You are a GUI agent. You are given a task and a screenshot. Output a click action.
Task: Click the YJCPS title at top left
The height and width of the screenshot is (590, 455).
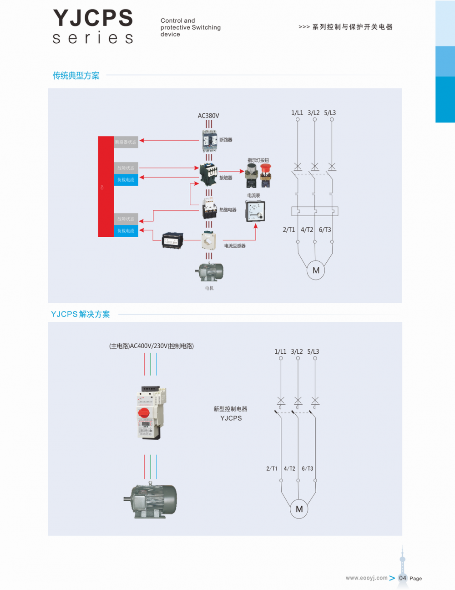93,19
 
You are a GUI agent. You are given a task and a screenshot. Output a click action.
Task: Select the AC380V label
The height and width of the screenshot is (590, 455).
208,116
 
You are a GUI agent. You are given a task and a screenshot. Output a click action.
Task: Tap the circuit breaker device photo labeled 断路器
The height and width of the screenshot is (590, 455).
209,141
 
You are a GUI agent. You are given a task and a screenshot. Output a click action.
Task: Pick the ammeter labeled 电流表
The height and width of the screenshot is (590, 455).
255,211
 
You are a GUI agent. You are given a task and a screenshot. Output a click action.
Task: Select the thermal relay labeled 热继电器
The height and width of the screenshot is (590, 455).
209,209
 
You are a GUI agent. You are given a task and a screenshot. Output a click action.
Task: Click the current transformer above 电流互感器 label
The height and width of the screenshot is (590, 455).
209,241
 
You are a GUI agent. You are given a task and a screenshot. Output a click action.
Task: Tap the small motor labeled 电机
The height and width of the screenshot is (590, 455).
209,272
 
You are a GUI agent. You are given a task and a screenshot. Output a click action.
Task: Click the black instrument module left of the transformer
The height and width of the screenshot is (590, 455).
172,240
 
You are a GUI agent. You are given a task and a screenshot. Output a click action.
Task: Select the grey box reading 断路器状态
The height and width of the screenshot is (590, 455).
126,142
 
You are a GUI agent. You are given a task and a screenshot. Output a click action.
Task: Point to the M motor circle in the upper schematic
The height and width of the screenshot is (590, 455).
316,270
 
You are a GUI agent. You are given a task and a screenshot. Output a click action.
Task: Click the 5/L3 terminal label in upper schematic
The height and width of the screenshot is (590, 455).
330,113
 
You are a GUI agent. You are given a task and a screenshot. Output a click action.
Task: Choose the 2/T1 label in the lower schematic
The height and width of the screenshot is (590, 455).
272,468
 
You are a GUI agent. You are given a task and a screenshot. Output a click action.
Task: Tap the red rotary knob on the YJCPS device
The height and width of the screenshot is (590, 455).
144,412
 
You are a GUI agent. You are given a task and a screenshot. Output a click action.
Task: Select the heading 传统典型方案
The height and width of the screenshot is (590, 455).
76,76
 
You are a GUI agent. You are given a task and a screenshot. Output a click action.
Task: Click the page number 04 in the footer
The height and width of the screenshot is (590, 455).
403,578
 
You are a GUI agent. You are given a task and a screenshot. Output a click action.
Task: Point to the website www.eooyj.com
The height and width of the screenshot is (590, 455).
366,578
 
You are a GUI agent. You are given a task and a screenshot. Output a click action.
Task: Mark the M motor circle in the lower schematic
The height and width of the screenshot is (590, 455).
299,509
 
